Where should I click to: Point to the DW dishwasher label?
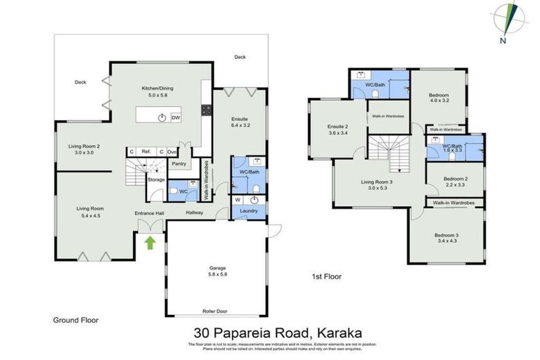[x=175, y=118]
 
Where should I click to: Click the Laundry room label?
[x=247, y=211]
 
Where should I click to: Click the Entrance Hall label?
[x=149, y=212]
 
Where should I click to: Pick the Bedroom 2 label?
[x=456, y=179]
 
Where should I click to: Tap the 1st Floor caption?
[x=326, y=277]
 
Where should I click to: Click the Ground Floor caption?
[x=76, y=320]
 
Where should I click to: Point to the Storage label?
[x=155, y=179]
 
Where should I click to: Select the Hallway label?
[x=195, y=212]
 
